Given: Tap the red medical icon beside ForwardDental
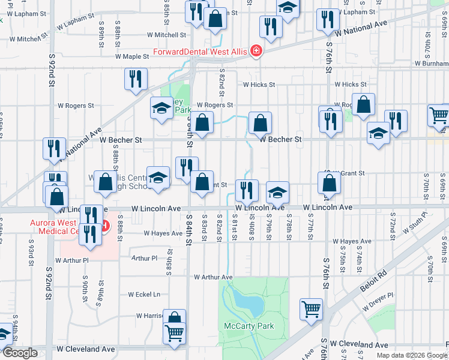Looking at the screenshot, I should point(256,51).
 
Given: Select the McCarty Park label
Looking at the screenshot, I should point(241,326).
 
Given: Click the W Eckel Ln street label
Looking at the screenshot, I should point(144,295).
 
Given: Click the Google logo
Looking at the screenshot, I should point(20,353).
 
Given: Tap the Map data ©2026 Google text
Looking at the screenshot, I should point(411,355).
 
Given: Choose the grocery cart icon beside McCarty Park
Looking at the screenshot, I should point(312,310).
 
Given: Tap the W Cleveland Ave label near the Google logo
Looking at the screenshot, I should point(86,349).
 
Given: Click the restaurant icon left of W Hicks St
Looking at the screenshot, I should point(136,79).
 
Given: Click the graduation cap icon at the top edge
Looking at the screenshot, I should point(288,7).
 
